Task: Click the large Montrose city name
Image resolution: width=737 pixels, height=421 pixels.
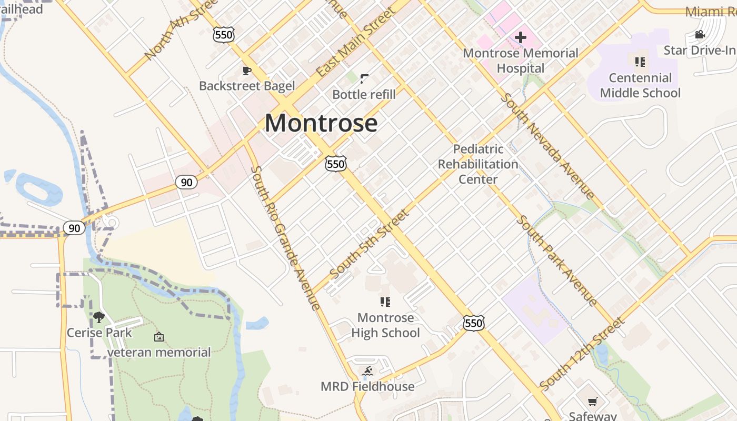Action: pyautogui.click(x=321, y=123)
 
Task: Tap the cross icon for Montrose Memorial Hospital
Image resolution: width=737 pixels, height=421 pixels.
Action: pyautogui.click(x=521, y=37)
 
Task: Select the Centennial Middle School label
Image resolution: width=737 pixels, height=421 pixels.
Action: pyautogui.click(x=640, y=85)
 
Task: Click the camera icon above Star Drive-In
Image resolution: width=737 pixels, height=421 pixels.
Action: pyautogui.click(x=700, y=35)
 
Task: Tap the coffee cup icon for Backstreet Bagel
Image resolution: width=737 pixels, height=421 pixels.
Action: pyautogui.click(x=246, y=71)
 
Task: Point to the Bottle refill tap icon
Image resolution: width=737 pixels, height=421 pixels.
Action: pyautogui.click(x=364, y=79)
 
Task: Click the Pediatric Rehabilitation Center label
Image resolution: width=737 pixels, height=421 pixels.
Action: pyautogui.click(x=478, y=164)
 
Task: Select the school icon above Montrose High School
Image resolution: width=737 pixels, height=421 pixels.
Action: pyautogui.click(x=385, y=302)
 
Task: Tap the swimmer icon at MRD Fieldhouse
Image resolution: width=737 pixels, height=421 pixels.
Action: pyautogui.click(x=367, y=371)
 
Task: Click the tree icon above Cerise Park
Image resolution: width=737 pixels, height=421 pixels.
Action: pyautogui.click(x=99, y=317)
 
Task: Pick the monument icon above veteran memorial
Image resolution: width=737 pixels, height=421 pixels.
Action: pyautogui.click(x=158, y=337)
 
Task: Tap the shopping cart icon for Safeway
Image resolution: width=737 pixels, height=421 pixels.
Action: pyautogui.click(x=592, y=402)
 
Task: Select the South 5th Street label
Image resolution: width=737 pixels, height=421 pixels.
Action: pyautogui.click(x=369, y=244)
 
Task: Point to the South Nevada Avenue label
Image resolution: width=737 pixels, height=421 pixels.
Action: pyautogui.click(x=547, y=146)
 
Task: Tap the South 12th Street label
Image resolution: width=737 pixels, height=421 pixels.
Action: pyautogui.click(x=582, y=354)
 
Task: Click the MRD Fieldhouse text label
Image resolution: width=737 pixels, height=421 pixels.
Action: pyautogui.click(x=367, y=386)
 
